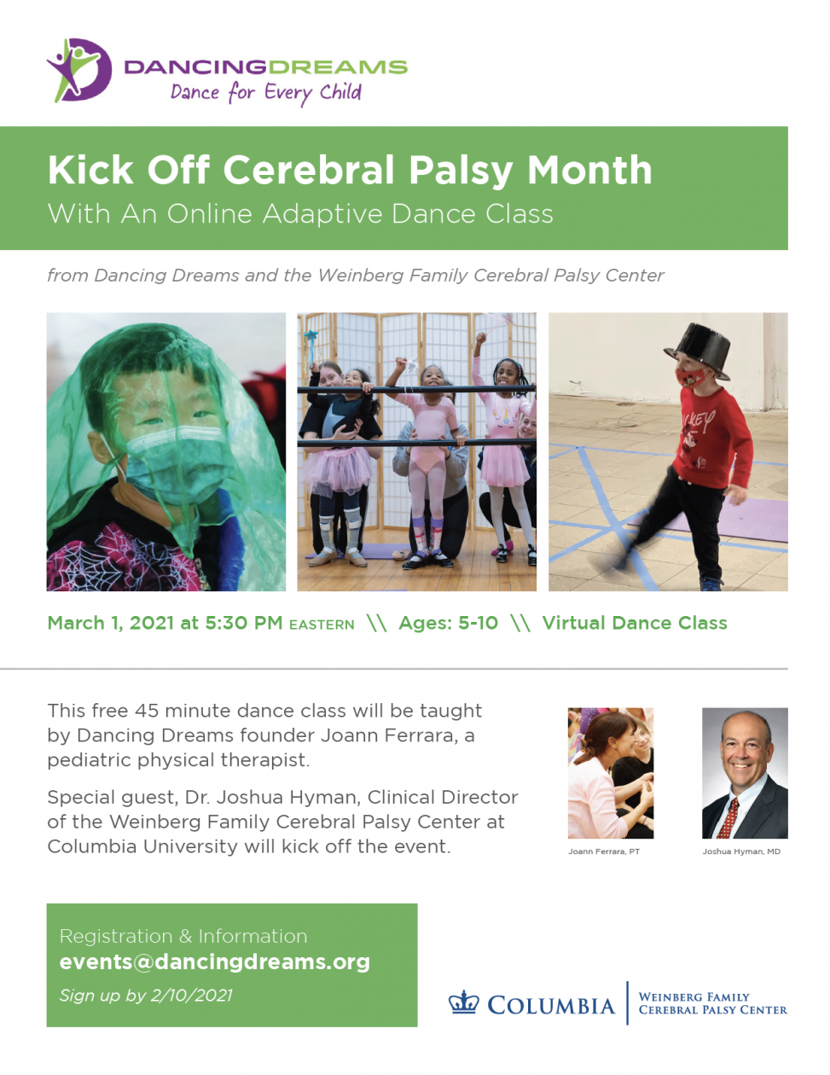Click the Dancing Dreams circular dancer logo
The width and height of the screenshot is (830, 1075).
pyautogui.click(x=79, y=70)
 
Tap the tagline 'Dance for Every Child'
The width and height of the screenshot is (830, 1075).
pyautogui.click(x=266, y=93)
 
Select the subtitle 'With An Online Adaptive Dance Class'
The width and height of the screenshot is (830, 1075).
pyautogui.click(x=300, y=213)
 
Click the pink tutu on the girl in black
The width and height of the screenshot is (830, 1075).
pyautogui.click(x=337, y=470)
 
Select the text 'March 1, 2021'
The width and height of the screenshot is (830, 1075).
pyautogui.click(x=110, y=623)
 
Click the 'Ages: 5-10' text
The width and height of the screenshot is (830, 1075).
pyautogui.click(x=448, y=623)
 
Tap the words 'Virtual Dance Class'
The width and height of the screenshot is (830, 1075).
pyautogui.click(x=635, y=623)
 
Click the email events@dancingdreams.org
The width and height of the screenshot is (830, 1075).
pyautogui.click(x=215, y=962)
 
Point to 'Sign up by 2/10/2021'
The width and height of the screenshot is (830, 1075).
pyautogui.click(x=146, y=996)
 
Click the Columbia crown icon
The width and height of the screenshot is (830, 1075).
pyautogui.click(x=463, y=1002)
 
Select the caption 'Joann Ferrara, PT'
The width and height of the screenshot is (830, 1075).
pyautogui.click(x=604, y=851)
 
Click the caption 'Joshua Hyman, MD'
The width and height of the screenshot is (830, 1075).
pyautogui.click(x=741, y=851)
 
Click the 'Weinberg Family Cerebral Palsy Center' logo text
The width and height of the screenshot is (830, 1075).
pyautogui.click(x=712, y=1004)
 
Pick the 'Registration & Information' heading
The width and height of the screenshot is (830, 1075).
pyautogui.click(x=183, y=937)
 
